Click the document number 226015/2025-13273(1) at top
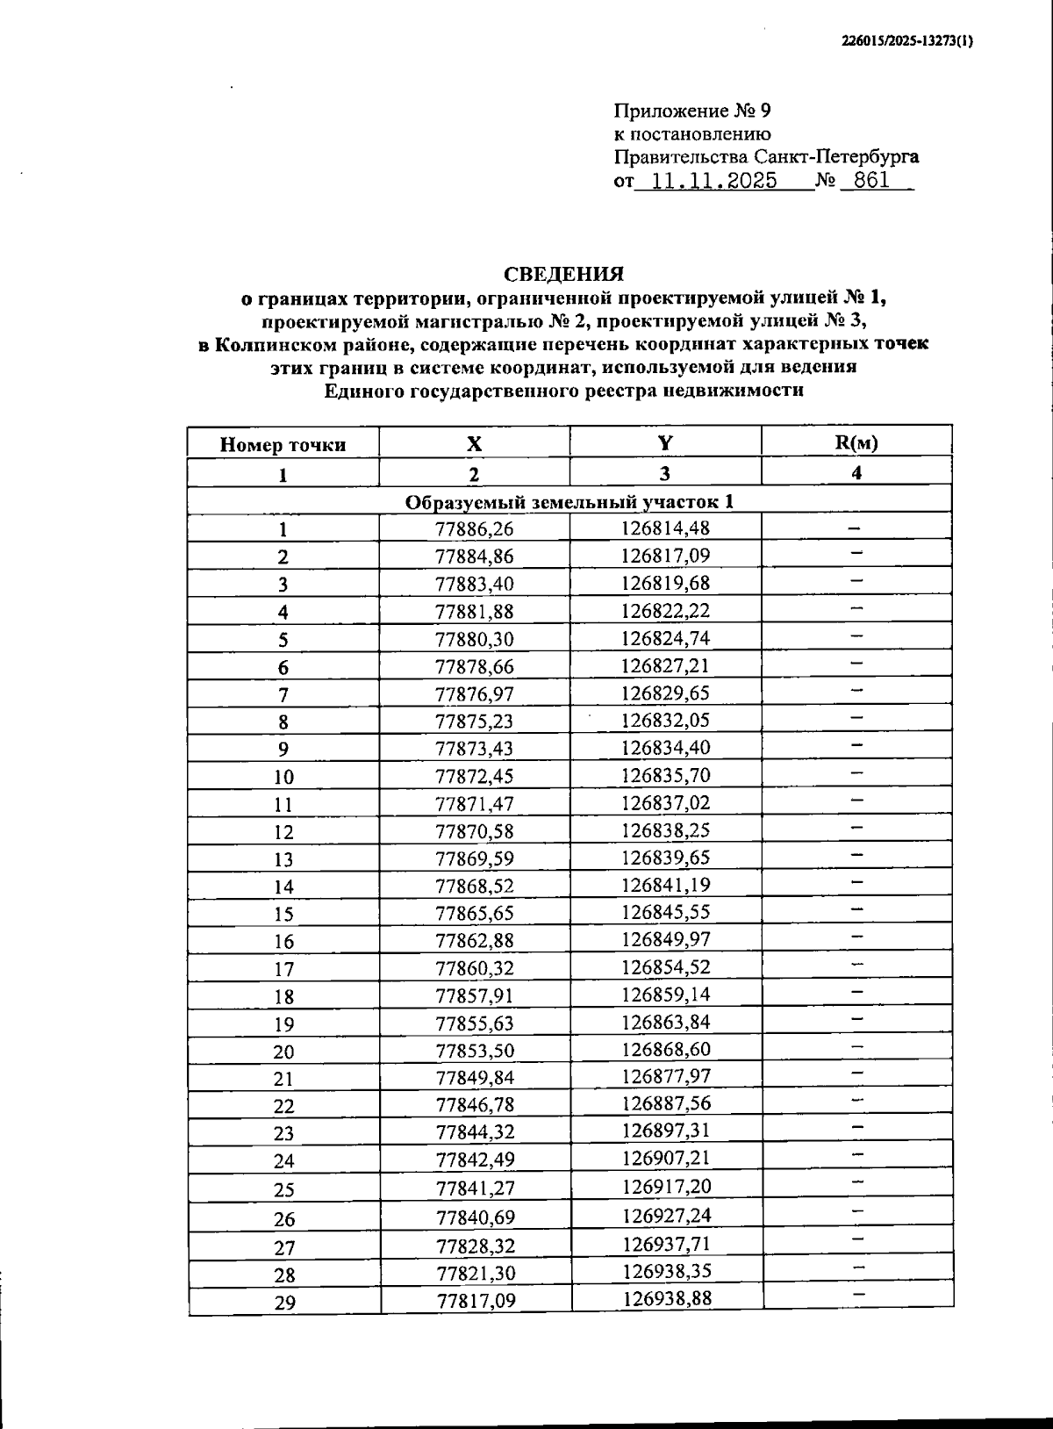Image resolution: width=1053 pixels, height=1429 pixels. click(906, 40)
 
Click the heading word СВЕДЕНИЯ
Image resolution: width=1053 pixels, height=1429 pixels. click(563, 275)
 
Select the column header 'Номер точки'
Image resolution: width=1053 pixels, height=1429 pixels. click(283, 444)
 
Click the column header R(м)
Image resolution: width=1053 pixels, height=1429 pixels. click(856, 442)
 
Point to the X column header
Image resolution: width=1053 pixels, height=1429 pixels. click(474, 443)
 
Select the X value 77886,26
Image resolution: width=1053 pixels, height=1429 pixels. click(475, 528)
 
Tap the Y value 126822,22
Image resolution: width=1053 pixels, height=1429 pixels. click(666, 610)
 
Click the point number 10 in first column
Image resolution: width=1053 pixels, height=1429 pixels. click(283, 777)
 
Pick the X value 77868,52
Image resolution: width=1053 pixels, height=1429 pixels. click(475, 886)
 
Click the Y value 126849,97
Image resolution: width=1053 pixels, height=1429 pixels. click(666, 939)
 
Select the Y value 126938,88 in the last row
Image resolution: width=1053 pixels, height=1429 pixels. click(667, 1298)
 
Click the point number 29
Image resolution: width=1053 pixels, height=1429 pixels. click(284, 1303)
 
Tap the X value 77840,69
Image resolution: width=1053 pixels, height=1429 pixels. click(476, 1217)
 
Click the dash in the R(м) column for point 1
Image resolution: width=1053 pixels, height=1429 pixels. click(854, 528)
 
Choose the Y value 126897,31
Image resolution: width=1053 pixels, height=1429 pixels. click(666, 1131)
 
